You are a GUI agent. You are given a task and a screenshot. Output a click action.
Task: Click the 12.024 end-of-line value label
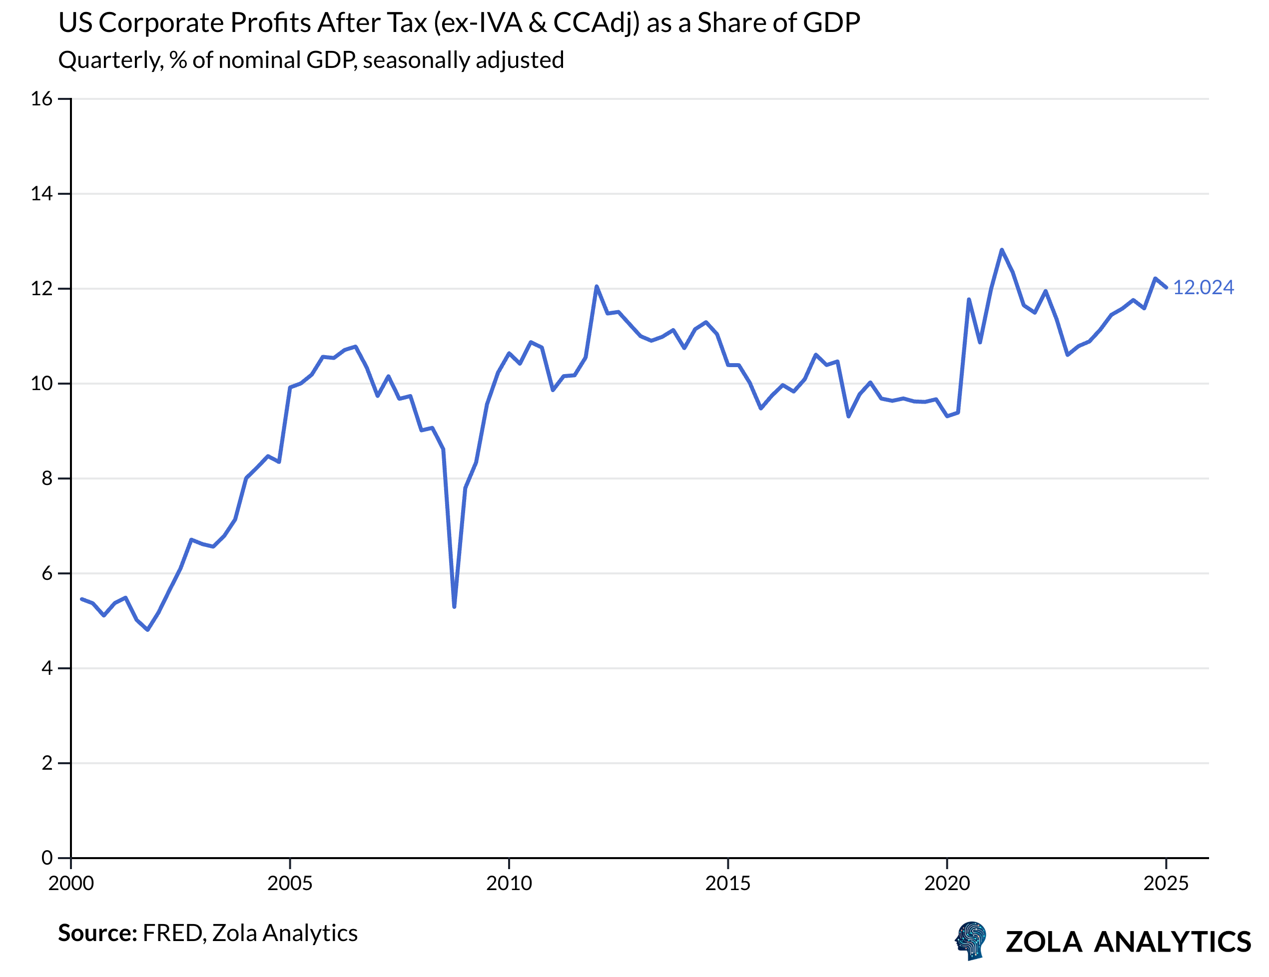1203,288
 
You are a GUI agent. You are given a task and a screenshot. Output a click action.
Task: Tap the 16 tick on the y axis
41,99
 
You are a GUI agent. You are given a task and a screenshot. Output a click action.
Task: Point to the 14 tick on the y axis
41,193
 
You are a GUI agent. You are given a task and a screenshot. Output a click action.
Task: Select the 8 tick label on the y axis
46,478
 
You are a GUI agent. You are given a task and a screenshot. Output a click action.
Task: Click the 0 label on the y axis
46,857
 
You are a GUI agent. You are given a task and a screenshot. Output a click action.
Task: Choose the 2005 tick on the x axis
289,884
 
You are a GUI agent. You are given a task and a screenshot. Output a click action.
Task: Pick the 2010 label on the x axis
509,884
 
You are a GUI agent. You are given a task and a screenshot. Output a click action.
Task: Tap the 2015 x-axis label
727,884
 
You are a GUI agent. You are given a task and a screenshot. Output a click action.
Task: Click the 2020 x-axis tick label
947,884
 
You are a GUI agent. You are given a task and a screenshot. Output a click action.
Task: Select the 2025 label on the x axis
1166,884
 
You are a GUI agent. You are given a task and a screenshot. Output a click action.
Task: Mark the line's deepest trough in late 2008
454,606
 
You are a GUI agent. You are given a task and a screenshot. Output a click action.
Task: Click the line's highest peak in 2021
1001,250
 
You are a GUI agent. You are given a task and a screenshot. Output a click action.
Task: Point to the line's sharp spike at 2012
596,286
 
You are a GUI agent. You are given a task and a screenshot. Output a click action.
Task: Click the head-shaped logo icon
971,941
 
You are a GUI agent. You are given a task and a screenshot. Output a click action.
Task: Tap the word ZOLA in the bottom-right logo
1044,942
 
